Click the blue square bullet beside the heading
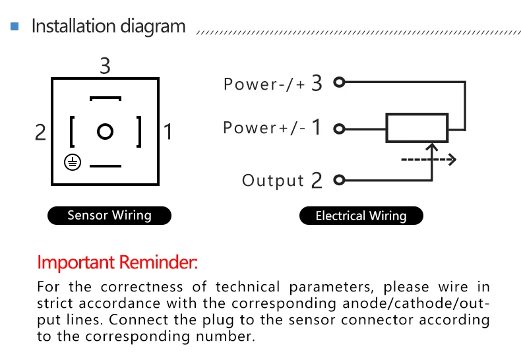[x=15, y=26]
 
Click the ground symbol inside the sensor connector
[x=73, y=162]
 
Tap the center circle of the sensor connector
[x=106, y=131]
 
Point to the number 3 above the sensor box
[x=105, y=65]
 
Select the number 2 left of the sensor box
[x=40, y=132]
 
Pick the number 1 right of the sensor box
[x=168, y=131]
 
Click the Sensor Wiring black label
[x=109, y=216]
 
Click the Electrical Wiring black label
[x=361, y=216]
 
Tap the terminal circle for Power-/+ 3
[x=339, y=82]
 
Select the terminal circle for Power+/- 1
[x=339, y=129]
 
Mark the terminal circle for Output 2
[x=339, y=180]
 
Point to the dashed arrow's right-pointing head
[x=452, y=160]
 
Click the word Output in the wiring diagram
[x=273, y=181]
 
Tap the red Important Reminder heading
[x=117, y=262]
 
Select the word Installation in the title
[x=73, y=26]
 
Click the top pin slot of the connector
[x=106, y=98]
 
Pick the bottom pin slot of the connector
[x=106, y=165]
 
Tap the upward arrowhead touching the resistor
[x=431, y=147]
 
